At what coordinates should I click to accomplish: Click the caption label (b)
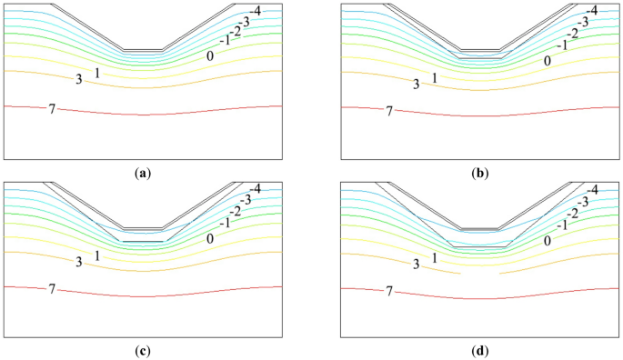tap(480, 170)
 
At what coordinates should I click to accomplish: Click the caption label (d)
tap(480, 350)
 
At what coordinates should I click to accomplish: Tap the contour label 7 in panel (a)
tap(52, 109)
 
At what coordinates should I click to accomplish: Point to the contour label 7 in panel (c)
tap(52, 289)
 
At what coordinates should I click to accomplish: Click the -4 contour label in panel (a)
tap(256, 10)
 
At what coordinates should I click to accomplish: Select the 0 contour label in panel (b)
tap(548, 61)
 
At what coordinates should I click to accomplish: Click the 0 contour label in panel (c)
tap(210, 239)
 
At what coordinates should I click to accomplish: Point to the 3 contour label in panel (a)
tap(79, 81)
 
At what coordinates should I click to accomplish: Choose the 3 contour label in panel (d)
tap(416, 264)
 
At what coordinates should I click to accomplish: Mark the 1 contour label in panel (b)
tap(434, 77)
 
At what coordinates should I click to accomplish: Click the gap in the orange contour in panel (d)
tap(479, 272)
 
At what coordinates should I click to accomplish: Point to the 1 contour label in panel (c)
tap(97, 257)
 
